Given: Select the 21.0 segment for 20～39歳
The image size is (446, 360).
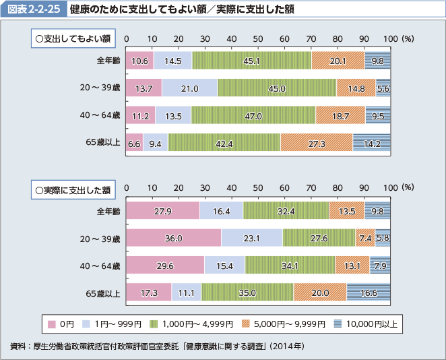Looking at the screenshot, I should (x=189, y=88).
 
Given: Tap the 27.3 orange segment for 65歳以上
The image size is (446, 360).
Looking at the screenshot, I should (x=316, y=143).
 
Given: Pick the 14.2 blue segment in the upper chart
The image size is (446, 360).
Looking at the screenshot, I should (x=371, y=143).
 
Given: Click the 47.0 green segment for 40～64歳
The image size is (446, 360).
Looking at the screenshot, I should (x=253, y=115).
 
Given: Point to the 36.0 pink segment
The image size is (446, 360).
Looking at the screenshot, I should (x=174, y=238).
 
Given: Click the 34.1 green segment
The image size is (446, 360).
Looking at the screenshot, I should (x=290, y=266).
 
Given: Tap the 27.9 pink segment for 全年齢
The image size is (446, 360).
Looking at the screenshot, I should (x=163, y=211).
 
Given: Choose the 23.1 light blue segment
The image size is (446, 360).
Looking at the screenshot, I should (x=251, y=238).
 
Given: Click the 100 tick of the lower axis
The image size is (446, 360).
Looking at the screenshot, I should (x=388, y=189).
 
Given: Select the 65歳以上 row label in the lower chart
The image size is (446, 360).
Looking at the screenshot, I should (x=103, y=293).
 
